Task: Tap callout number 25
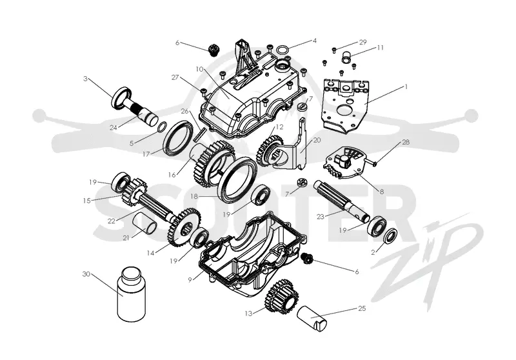[362, 308]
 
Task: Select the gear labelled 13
[282, 297]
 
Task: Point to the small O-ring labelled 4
[283, 50]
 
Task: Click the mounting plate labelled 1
[346, 105]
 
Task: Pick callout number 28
[406, 142]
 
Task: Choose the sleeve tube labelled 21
[144, 222]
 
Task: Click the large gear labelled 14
[183, 226]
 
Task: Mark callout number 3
[86, 79]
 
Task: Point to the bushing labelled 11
[346, 57]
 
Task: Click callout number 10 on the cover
[199, 69]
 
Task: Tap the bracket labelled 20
[293, 148]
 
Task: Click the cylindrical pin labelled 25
[312, 319]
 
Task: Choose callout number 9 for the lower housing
[190, 280]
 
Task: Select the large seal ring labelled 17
[178, 138]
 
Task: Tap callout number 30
[86, 274]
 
